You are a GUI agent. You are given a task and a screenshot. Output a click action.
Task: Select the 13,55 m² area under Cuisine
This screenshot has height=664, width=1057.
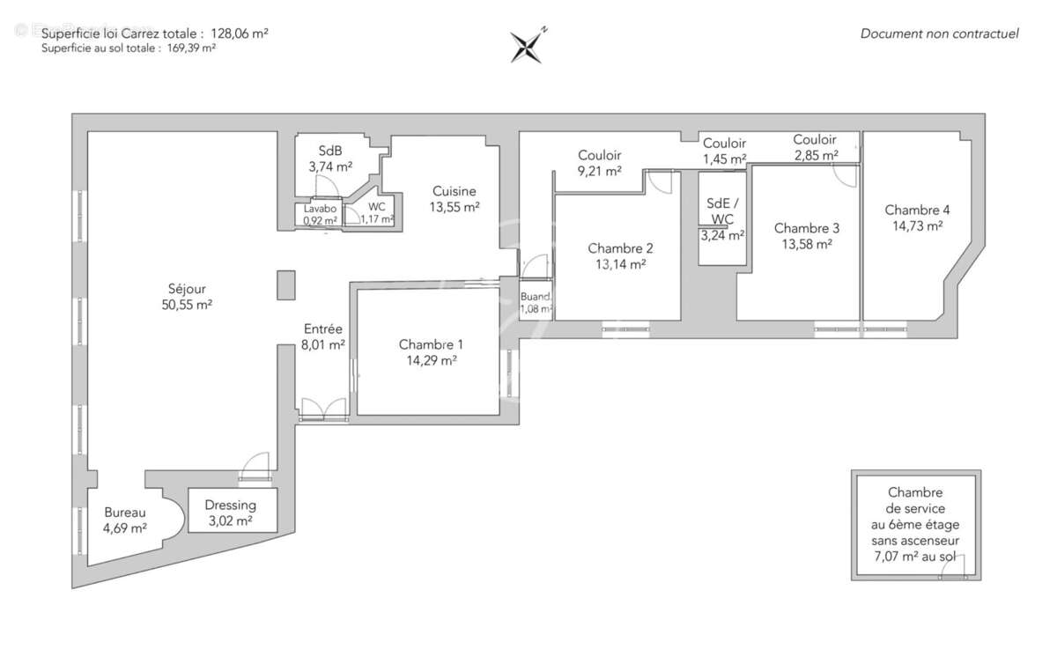click(454, 207)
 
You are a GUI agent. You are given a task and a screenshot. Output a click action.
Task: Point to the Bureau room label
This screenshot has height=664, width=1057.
click(125, 513)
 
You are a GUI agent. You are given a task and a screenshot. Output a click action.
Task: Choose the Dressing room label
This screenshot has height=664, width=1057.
click(230, 505)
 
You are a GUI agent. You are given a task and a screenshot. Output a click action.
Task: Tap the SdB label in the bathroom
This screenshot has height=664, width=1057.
click(330, 150)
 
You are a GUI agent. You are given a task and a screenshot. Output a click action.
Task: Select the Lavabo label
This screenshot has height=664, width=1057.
click(320, 209)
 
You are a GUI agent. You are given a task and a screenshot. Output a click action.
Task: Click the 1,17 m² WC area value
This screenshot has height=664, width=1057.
click(377, 219)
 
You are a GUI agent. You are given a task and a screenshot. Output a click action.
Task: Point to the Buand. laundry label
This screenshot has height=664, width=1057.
click(535, 297)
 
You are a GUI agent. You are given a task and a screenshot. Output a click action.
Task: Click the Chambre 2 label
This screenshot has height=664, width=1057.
click(620, 247)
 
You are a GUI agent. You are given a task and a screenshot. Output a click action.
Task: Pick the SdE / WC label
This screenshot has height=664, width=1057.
click(722, 210)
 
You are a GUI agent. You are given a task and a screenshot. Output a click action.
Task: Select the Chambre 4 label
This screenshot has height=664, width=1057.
click(917, 210)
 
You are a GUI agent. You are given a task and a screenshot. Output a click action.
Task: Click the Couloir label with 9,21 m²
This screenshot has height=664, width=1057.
click(600, 155)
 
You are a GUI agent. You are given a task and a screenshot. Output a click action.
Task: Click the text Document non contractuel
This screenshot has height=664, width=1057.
click(939, 33)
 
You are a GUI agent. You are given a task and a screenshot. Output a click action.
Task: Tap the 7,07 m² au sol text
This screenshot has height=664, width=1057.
click(916, 557)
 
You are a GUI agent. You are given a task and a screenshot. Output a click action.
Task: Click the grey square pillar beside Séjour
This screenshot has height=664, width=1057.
click(286, 285)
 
